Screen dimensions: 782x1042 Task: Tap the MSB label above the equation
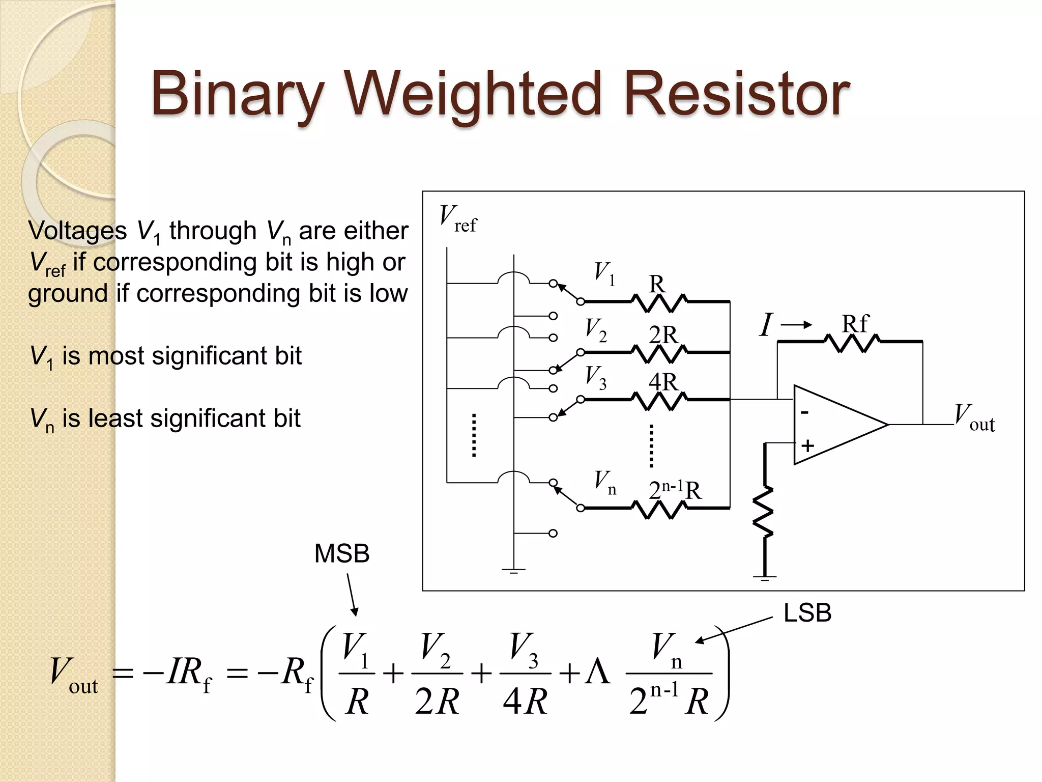coord(341,553)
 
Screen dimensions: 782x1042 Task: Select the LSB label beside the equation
coord(807,612)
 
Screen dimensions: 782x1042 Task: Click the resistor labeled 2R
coord(659,352)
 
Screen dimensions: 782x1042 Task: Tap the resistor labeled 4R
coord(659,400)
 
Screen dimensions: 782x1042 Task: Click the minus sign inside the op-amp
coord(804,412)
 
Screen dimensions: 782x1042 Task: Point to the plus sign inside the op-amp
coord(807,446)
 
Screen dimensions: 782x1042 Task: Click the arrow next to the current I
coord(797,325)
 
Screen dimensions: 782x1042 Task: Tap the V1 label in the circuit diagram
coord(604,273)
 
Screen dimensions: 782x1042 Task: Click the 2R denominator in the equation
coord(437,702)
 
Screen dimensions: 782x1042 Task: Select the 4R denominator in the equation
coord(525,702)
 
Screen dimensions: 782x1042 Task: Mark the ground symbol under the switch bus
coord(513,571)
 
